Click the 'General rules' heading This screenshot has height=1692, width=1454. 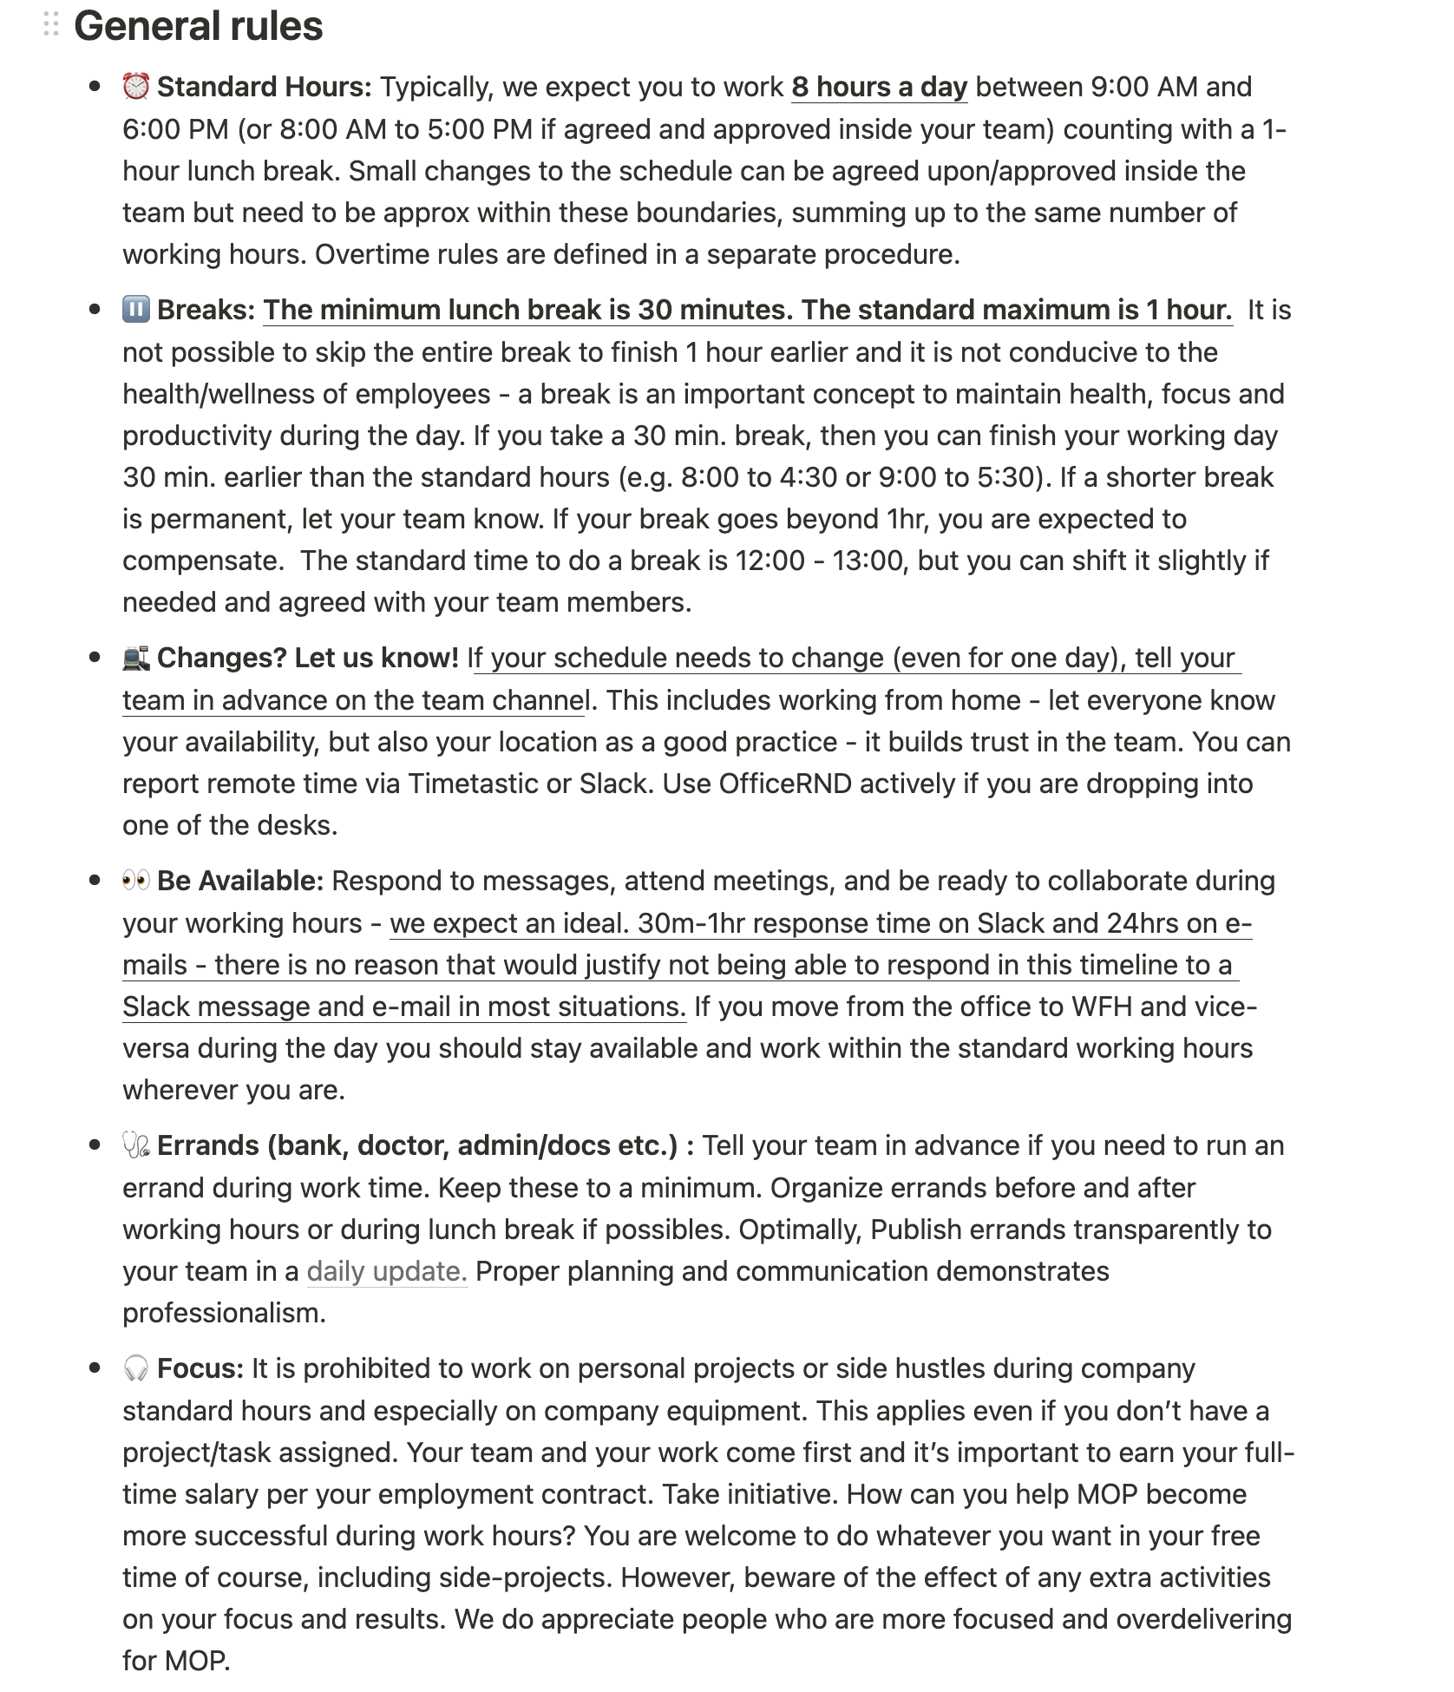198,26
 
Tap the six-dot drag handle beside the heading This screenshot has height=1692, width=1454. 51,24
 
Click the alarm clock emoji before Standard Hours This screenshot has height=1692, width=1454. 136,87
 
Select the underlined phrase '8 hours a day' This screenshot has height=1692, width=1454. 879,87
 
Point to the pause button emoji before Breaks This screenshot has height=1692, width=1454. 136,310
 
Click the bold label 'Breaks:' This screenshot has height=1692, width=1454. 206,310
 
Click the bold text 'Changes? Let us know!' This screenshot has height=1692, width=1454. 308,658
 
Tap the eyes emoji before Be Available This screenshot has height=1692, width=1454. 136,881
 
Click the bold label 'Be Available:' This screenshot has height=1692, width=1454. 240,881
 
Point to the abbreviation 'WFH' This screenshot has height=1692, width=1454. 1102,1007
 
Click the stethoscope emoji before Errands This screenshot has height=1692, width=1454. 136,1145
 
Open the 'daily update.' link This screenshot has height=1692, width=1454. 387,1271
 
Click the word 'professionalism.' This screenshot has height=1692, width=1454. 224,1313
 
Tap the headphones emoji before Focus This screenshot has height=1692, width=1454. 136,1368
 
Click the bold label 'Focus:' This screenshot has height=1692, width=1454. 200,1368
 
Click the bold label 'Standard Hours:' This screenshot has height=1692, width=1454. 265,87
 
